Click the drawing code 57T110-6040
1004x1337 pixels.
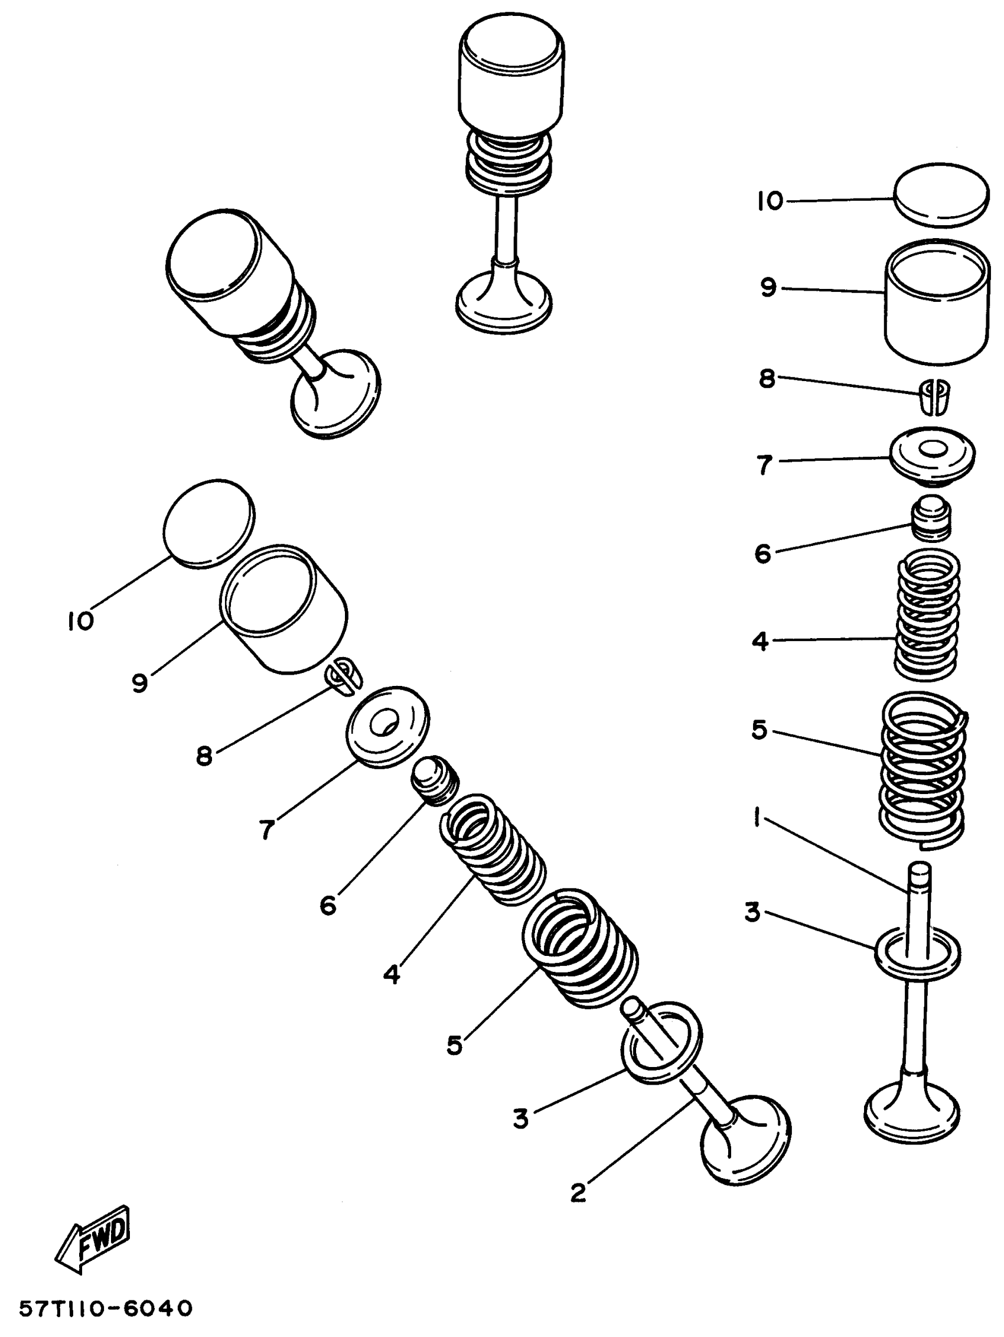[106, 1309]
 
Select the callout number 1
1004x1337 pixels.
[757, 820]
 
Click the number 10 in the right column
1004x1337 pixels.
[770, 201]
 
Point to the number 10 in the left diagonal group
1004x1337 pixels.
[80, 621]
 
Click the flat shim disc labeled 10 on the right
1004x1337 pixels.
[941, 194]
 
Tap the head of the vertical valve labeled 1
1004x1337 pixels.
[912, 1112]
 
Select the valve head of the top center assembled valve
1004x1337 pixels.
[504, 300]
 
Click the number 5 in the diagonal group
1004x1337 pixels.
[454, 1045]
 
